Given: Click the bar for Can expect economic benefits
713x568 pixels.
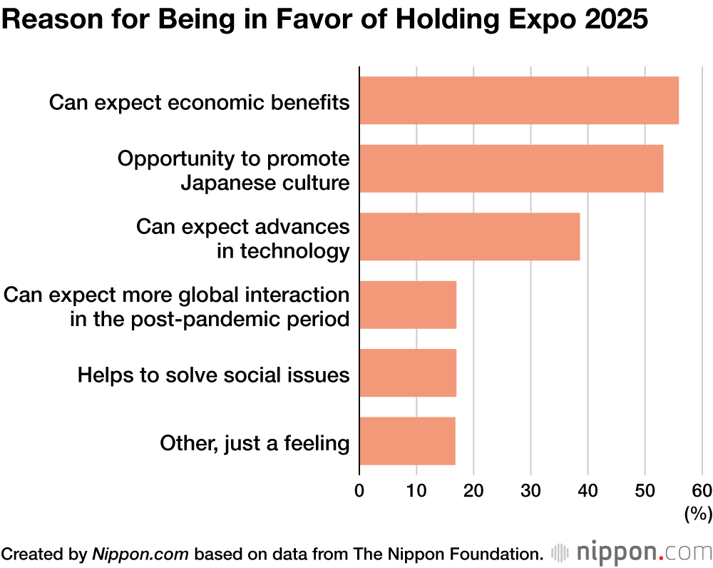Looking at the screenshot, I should [519, 101].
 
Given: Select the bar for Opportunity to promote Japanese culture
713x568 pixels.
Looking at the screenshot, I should [511, 168].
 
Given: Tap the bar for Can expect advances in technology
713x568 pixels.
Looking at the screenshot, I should [470, 237].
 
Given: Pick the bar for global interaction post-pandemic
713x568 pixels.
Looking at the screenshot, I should [408, 305].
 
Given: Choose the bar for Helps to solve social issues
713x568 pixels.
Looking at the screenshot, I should [408, 373].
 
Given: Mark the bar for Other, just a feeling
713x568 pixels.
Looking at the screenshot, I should [407, 441].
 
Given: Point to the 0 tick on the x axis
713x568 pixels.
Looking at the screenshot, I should [359, 491].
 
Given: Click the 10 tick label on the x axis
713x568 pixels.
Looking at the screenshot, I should [416, 491].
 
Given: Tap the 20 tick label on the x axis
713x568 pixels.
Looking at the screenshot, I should [473, 491].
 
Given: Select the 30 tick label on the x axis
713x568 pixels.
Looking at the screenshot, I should [530, 491].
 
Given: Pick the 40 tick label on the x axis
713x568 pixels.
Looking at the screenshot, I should [588, 491].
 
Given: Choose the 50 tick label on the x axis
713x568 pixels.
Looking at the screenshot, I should [645, 491].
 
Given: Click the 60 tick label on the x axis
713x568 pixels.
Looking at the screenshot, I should [702, 491].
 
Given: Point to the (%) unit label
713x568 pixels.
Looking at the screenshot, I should [698, 514].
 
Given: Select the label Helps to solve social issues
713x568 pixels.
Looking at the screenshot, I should [213, 374].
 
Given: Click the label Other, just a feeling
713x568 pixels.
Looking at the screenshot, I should [255, 443].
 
